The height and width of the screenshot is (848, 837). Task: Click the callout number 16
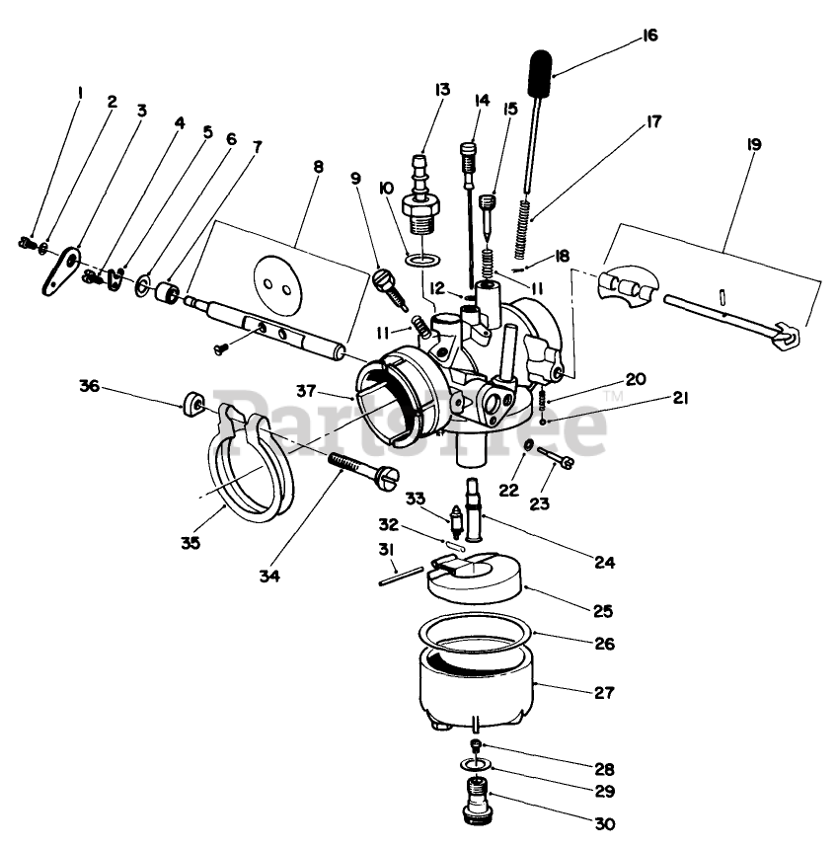pyautogui.click(x=647, y=36)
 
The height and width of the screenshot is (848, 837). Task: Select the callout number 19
pyautogui.click(x=754, y=143)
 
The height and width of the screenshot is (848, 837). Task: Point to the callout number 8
pyautogui.click(x=317, y=169)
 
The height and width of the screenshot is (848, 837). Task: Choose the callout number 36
pyautogui.click(x=90, y=387)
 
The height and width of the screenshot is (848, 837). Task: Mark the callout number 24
pyautogui.click(x=604, y=562)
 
